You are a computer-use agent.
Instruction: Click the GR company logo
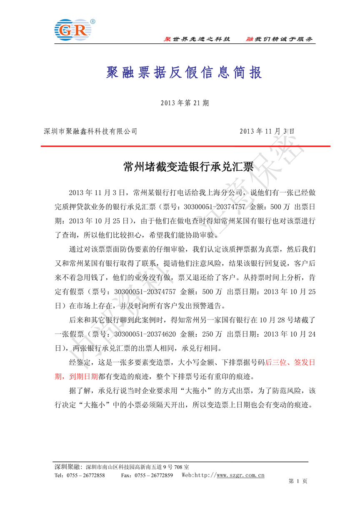point(72,29)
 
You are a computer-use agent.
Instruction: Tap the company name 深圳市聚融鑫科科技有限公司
point(90,131)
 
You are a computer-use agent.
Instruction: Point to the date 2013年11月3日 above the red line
point(267,131)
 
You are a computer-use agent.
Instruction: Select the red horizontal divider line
point(185,146)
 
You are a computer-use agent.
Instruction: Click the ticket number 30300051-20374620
point(145,334)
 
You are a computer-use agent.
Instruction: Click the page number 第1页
point(297,482)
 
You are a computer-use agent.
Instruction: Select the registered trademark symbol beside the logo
point(92,21)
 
